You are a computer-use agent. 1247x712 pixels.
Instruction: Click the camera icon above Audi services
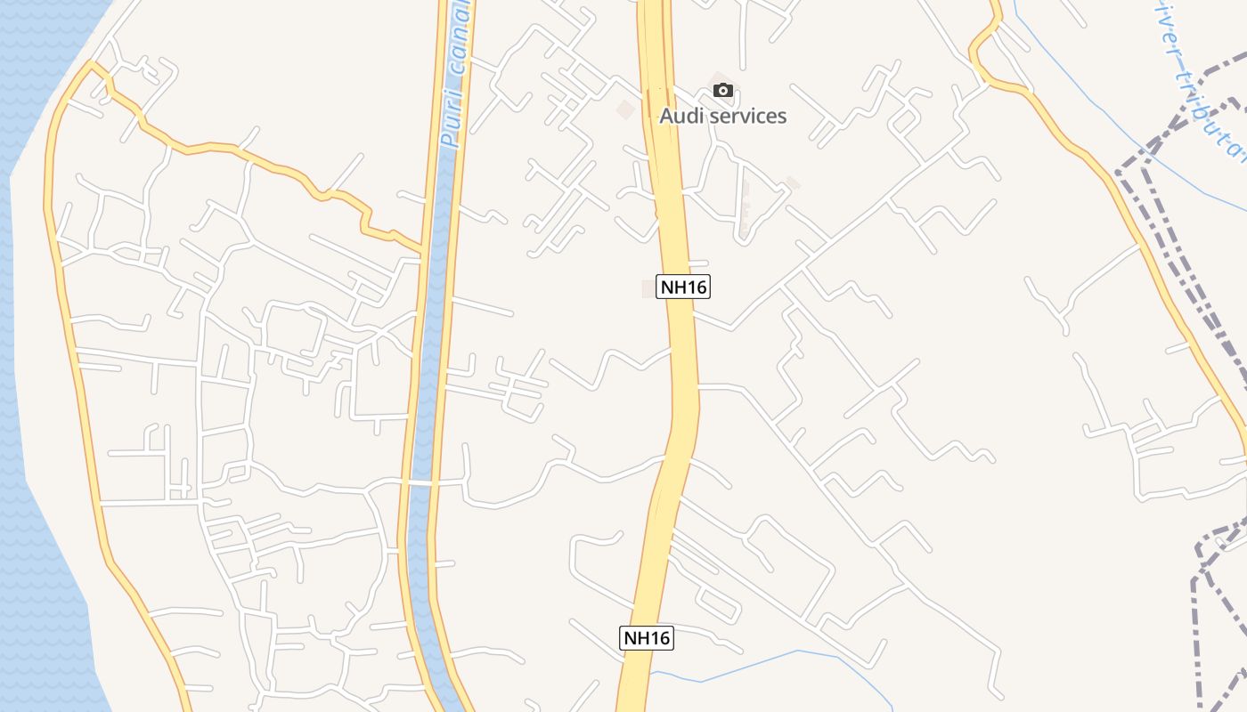pos(723,90)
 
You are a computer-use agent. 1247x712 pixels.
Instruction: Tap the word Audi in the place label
pos(681,116)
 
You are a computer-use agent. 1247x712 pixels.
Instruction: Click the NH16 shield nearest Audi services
pos(683,287)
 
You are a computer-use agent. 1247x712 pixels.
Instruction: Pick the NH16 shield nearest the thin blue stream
pos(647,637)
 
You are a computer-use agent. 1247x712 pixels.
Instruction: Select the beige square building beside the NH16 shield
pos(648,288)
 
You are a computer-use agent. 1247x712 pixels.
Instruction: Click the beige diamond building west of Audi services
pos(626,109)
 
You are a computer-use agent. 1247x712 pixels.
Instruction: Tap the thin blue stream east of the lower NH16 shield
pos(757,662)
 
